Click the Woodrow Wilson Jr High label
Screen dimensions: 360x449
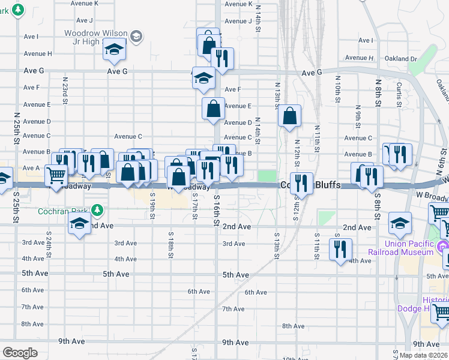coord(95,37)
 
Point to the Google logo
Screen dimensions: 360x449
coord(20,352)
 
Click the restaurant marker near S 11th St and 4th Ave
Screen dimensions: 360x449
coord(341,249)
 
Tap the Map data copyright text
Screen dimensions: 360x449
coord(423,355)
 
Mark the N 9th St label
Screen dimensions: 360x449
coord(357,116)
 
